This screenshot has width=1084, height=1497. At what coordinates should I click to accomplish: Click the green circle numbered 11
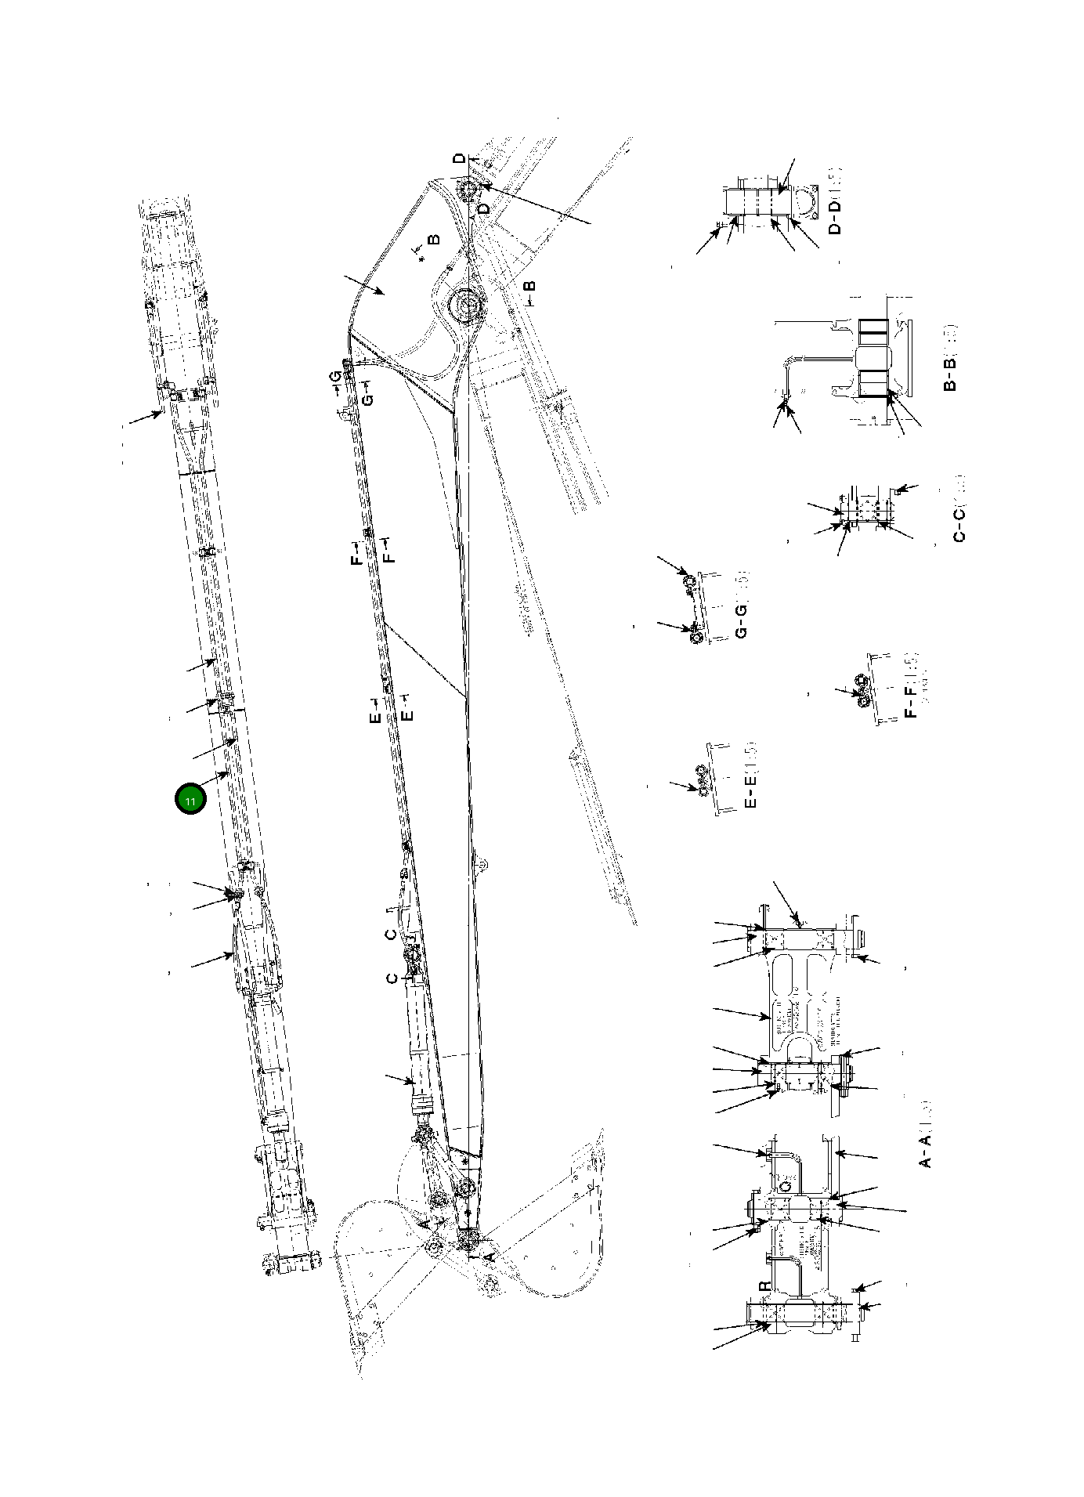(190, 800)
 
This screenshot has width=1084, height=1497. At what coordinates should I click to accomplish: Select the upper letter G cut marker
(335, 378)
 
